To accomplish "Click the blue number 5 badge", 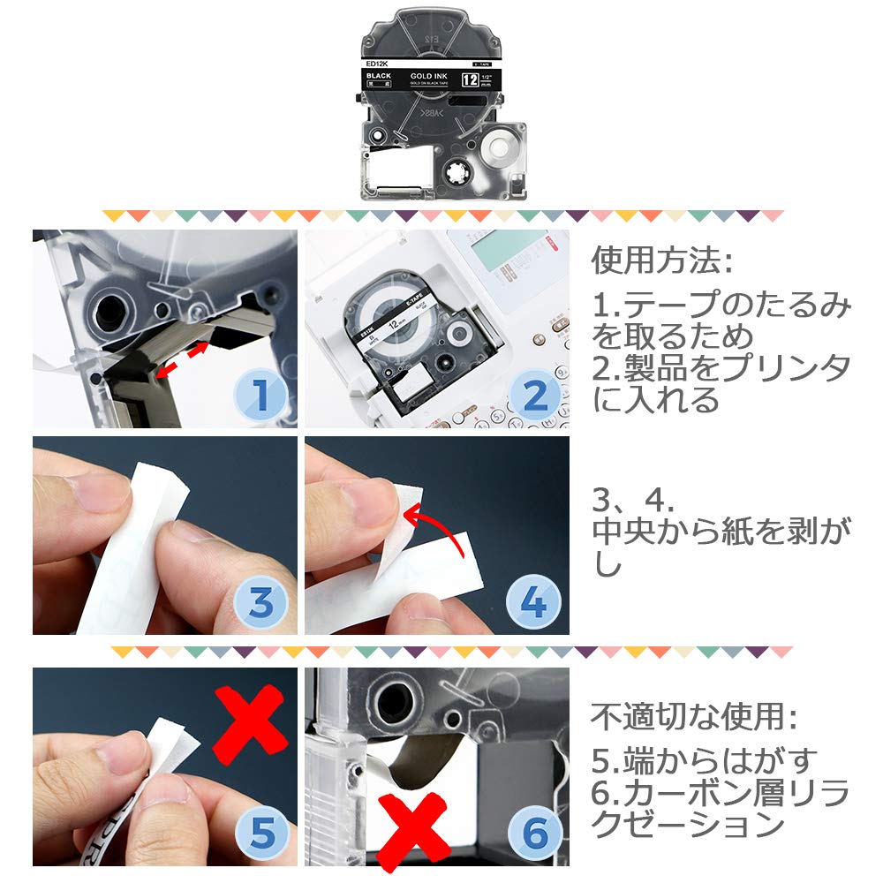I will (262, 832).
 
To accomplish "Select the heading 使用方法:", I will (661, 261).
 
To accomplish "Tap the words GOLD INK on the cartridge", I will (430, 77).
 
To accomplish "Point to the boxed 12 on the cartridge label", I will (471, 81).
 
